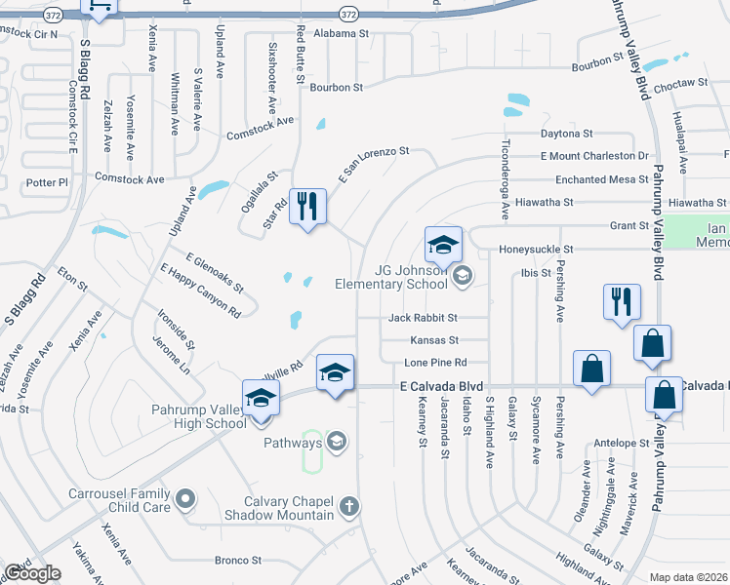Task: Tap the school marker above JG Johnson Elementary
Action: (443, 245)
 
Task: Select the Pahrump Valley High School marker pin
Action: (261, 399)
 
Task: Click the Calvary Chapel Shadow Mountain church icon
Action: (349, 505)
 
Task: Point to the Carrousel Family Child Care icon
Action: (186, 500)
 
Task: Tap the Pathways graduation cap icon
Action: (337, 443)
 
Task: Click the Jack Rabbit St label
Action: (423, 318)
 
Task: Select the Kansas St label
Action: (434, 340)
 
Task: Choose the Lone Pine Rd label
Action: (429, 362)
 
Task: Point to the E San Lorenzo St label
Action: (373, 164)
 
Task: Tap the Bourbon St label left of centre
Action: (336, 87)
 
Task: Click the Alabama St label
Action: (340, 32)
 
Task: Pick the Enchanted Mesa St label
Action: (601, 179)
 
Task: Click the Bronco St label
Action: (238, 561)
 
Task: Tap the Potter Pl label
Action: (48, 182)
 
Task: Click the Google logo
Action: (33, 572)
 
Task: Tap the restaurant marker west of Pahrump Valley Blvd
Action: (622, 301)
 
